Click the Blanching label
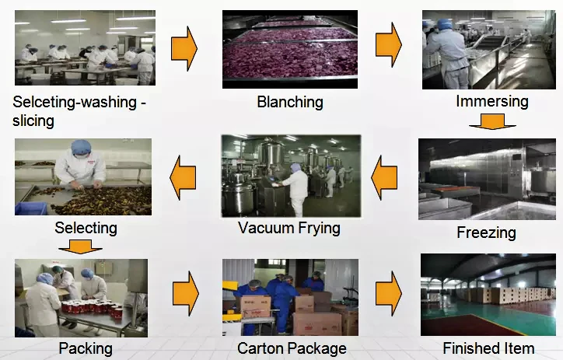click(290, 102)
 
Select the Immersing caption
click(492, 101)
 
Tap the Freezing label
click(486, 232)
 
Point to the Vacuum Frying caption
click(289, 228)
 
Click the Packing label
click(86, 348)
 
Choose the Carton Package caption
click(292, 348)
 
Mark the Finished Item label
click(488, 348)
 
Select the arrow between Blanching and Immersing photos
click(388, 44)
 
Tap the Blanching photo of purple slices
click(290, 49)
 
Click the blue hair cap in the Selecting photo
click(80, 146)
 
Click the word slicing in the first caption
click(35, 121)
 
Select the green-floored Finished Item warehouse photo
click(488, 295)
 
